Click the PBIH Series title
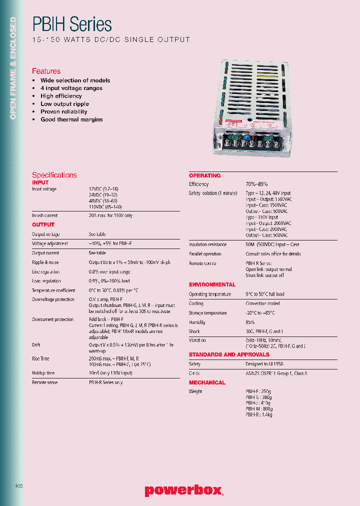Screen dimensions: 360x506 (x=71, y=24)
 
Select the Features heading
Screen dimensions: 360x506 (x=46, y=71)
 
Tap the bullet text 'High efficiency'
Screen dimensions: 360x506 (x=61, y=96)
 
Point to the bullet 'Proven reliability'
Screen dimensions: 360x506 (x=63, y=111)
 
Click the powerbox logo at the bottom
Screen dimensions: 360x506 (x=183, y=490)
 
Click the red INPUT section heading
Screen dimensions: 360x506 (x=40, y=182)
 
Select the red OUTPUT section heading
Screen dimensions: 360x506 (x=43, y=225)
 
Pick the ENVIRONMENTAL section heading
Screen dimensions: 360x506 (x=212, y=284)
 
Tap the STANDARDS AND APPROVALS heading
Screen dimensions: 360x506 (x=229, y=354)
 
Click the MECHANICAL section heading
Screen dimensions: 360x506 (x=207, y=382)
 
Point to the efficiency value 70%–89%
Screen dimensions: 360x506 (x=256, y=184)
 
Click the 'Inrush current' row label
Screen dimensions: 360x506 (x=44, y=215)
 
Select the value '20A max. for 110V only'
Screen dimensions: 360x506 (x=110, y=215)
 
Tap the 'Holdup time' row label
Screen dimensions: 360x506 (x=43, y=373)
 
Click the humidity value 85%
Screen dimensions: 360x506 (x=250, y=322)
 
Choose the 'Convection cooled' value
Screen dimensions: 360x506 (x=262, y=303)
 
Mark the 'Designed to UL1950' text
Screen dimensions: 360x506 (x=264, y=364)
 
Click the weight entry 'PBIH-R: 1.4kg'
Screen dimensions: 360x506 (x=259, y=414)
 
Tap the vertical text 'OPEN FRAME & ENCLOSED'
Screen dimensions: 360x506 (x=13, y=68)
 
